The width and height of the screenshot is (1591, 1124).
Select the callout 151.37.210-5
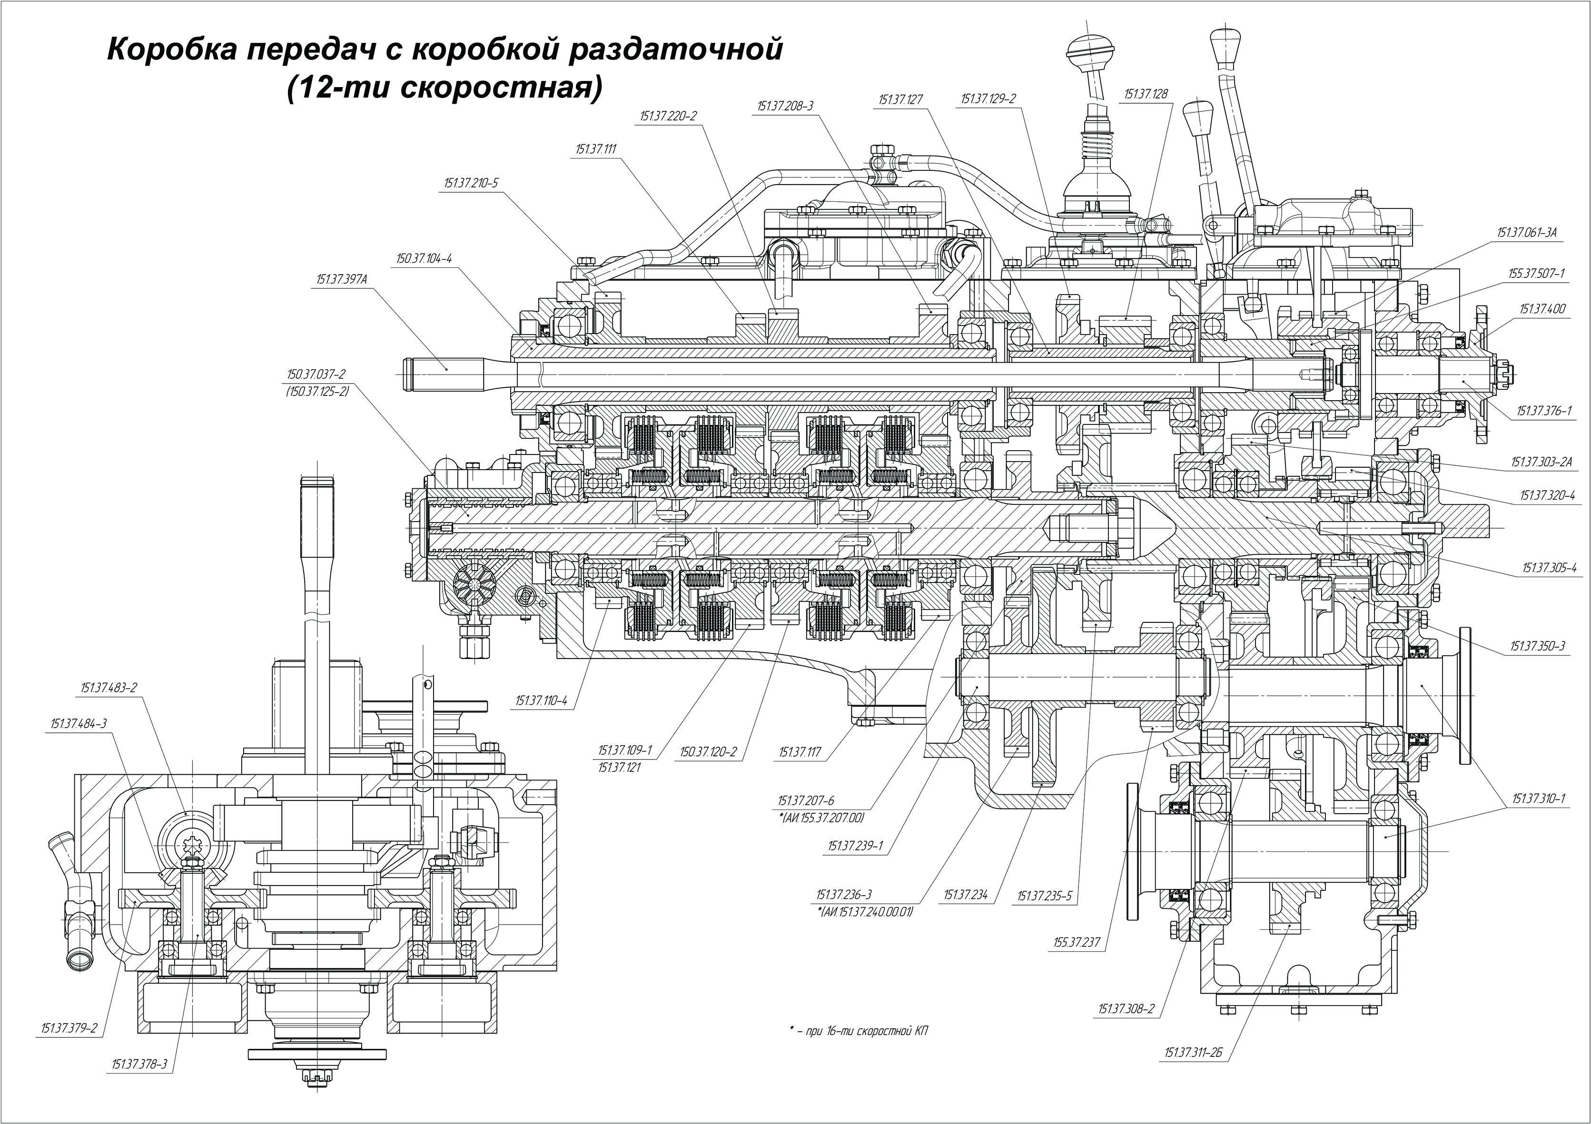[x=471, y=184]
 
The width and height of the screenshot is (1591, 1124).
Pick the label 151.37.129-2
[x=988, y=99]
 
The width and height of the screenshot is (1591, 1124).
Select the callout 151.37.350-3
[x=1538, y=647]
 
